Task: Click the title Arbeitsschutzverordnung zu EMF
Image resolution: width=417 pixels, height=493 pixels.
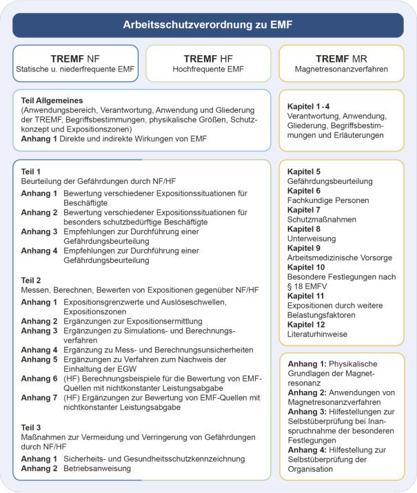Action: click(207, 25)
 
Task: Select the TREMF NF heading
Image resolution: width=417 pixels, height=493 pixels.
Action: click(75, 58)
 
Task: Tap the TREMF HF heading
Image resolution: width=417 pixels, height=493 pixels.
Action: click(207, 58)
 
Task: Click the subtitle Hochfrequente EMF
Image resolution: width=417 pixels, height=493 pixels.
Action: click(208, 69)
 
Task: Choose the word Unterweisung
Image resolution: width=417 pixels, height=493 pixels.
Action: click(312, 238)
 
